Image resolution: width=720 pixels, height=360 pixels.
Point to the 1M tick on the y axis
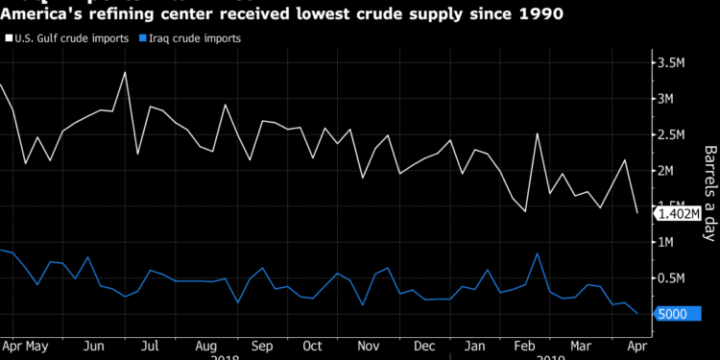pos(671,243)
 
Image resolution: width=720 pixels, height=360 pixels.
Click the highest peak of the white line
pos(125,72)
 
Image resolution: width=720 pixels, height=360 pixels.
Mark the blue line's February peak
pos(537,254)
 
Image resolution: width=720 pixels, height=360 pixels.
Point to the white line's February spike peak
pos(537,133)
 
